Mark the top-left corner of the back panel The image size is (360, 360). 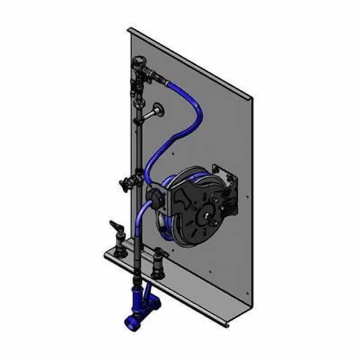127,28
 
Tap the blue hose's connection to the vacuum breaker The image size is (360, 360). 164,81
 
